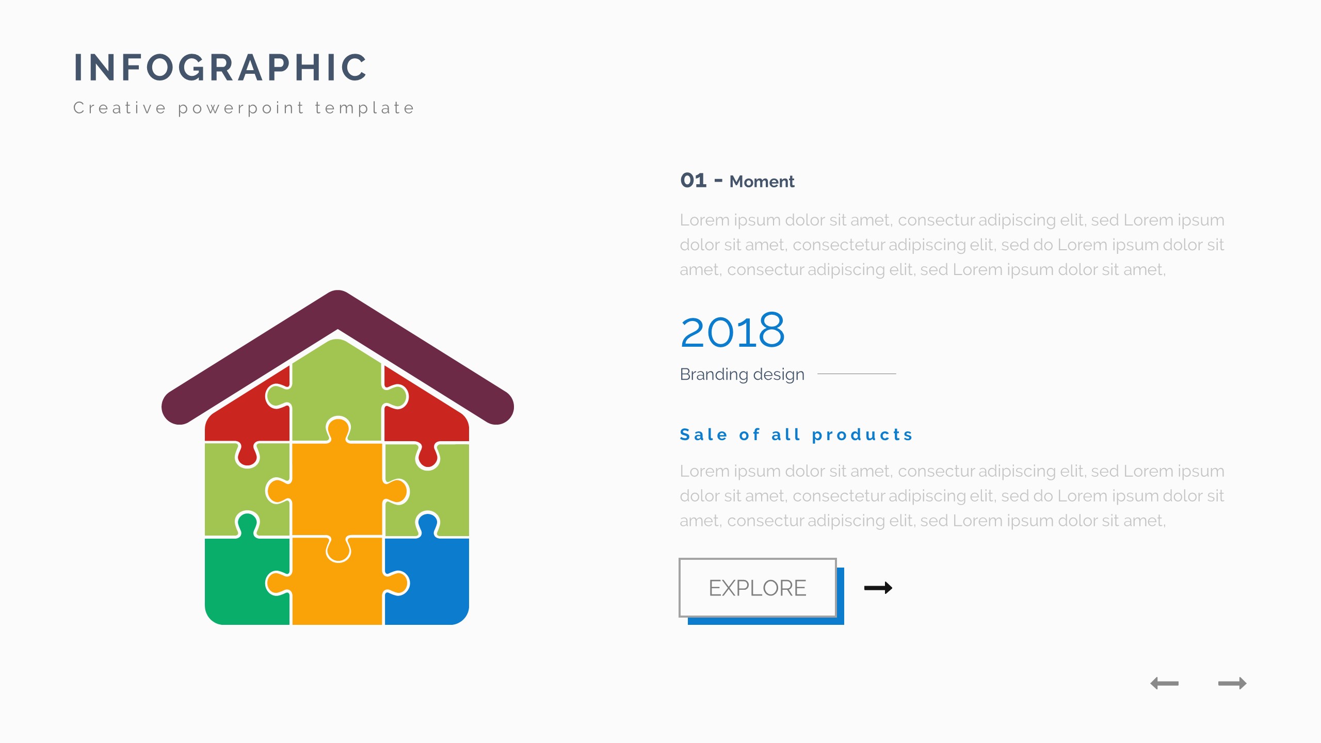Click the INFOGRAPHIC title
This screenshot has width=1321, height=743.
[x=220, y=67]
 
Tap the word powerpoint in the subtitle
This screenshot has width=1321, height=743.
[x=241, y=108]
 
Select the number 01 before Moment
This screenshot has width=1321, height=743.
[x=693, y=181]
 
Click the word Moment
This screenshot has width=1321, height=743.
[x=762, y=182]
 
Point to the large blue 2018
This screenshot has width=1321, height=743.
[x=732, y=331]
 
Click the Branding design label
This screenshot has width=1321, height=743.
[x=742, y=374]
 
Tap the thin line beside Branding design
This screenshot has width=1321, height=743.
[x=857, y=374]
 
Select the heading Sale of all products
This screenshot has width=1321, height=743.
[x=796, y=435]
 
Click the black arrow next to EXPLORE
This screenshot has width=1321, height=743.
[x=878, y=588]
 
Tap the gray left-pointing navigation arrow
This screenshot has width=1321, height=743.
[x=1165, y=683]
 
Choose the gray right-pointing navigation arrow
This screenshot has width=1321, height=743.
[x=1232, y=683]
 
